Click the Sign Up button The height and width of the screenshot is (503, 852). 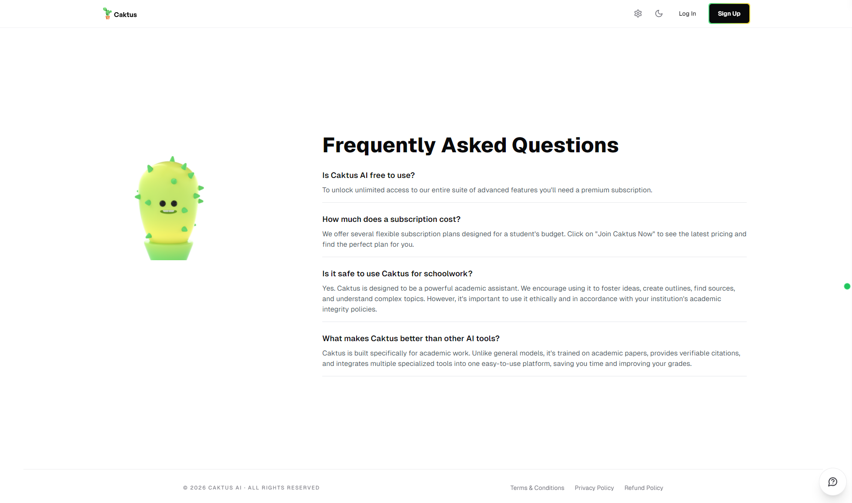click(729, 13)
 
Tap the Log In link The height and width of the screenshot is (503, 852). click(687, 13)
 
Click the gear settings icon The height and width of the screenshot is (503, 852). click(638, 13)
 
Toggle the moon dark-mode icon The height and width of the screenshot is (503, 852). click(659, 13)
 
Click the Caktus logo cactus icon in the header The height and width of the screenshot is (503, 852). click(107, 13)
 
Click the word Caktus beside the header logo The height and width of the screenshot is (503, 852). click(125, 14)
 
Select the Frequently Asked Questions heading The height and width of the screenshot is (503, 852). click(470, 145)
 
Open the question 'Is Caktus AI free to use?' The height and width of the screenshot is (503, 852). click(368, 175)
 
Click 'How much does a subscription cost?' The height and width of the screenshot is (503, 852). click(391, 219)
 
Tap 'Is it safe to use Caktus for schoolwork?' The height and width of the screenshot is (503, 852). click(397, 273)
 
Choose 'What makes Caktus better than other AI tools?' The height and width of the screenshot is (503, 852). click(411, 338)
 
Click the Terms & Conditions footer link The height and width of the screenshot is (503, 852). click(537, 488)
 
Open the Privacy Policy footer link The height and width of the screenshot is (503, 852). click(594, 488)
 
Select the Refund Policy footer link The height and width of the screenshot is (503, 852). click(644, 488)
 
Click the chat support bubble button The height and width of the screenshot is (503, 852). click(832, 482)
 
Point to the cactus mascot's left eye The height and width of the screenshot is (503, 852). click(163, 203)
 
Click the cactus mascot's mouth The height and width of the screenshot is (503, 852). click(168, 212)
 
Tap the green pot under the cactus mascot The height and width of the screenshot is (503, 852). click(168, 251)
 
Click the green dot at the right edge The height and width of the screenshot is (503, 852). click(847, 286)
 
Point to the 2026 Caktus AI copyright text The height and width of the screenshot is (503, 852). click(251, 488)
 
